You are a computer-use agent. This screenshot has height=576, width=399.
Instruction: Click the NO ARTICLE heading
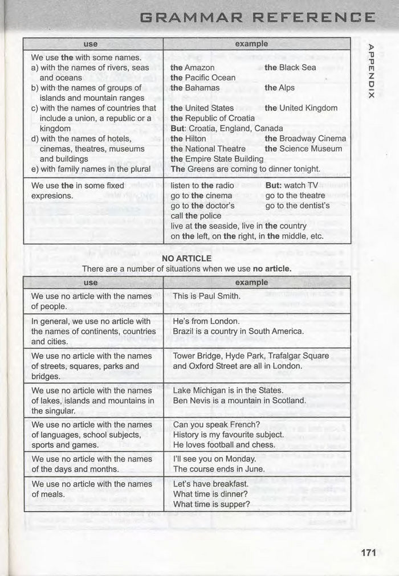pos(186,259)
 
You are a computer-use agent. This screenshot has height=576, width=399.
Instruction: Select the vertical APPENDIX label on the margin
pos(371,71)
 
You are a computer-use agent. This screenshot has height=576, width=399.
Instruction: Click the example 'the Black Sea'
pos(290,67)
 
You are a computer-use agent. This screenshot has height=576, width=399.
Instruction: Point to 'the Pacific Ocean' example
pos(202,77)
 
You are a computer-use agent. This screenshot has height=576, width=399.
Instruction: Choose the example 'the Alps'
pos(279,88)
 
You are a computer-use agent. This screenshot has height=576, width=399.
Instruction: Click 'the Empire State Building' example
pos(217,159)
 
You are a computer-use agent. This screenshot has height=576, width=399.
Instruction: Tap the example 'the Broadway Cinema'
pos(305,138)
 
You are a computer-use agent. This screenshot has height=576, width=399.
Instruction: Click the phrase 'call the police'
pos(196,216)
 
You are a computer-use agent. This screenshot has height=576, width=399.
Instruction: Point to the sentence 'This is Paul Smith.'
pos(206,296)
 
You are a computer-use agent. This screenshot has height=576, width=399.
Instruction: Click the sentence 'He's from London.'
pos(203,321)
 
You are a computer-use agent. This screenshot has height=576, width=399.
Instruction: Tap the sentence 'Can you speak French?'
pos(216,424)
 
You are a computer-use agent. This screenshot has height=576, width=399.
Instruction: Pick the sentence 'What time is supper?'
pos(211,504)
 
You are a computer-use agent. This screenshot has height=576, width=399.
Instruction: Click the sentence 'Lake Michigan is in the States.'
pos(227,390)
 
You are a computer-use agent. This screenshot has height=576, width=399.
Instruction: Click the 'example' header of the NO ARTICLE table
pos(251,283)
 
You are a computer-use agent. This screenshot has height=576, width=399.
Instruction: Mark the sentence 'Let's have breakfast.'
pos(210,484)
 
